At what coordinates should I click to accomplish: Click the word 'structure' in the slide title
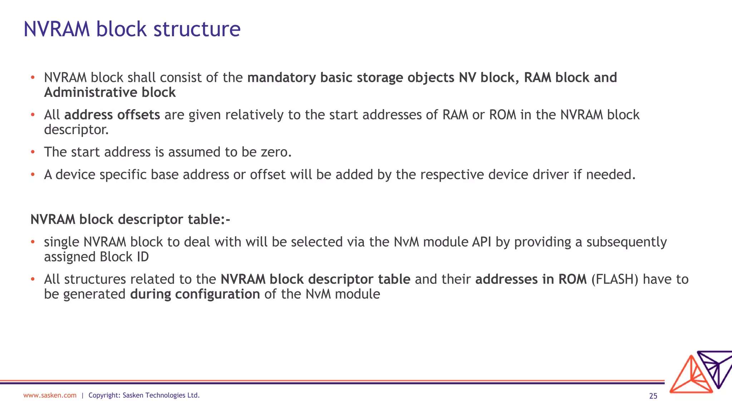click(x=197, y=29)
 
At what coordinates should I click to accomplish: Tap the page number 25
click(x=653, y=396)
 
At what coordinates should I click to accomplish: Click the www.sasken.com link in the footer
click(x=50, y=395)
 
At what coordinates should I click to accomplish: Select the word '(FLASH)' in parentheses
click(x=615, y=279)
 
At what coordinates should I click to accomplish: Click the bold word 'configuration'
click(x=217, y=294)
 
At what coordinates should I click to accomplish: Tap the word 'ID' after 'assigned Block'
click(x=143, y=257)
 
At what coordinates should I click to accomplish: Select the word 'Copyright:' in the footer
click(x=104, y=395)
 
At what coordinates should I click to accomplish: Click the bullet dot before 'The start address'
click(x=33, y=152)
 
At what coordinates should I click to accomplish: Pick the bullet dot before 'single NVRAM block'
click(x=33, y=242)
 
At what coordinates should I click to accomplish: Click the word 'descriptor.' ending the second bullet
click(x=76, y=130)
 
